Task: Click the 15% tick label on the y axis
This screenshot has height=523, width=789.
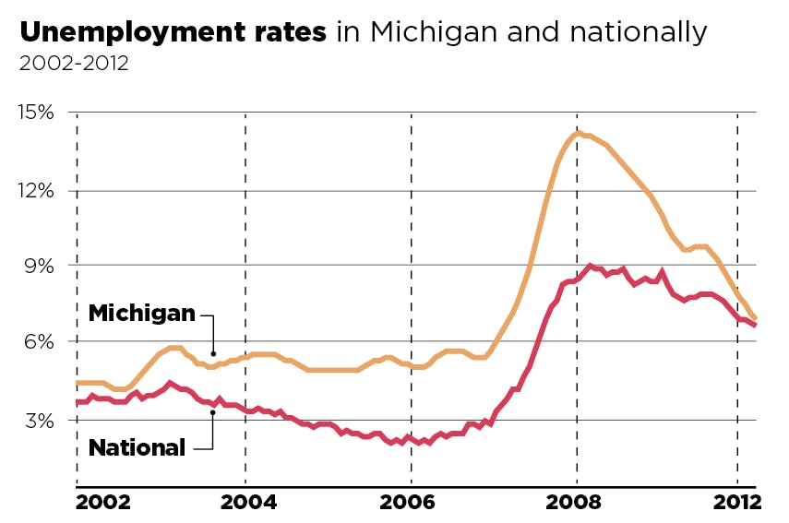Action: coord(36,113)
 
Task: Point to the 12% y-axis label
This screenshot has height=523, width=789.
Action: coord(36,191)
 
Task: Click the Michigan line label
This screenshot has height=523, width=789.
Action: coord(141,314)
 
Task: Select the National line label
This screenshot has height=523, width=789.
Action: coord(137,449)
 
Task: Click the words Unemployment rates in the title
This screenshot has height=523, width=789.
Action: coord(173,34)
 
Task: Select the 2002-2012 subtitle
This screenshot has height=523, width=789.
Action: coord(73,65)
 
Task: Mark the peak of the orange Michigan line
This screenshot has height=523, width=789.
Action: coord(578,133)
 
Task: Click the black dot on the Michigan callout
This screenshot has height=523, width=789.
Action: coord(213,353)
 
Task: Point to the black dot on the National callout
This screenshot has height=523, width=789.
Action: coord(213,411)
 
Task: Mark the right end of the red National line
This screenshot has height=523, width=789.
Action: coord(756,325)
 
